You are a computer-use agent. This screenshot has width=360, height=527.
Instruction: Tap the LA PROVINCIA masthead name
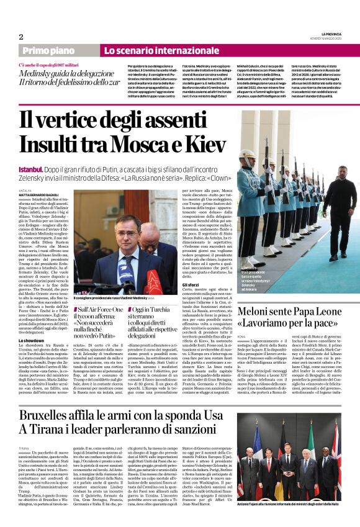326,33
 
